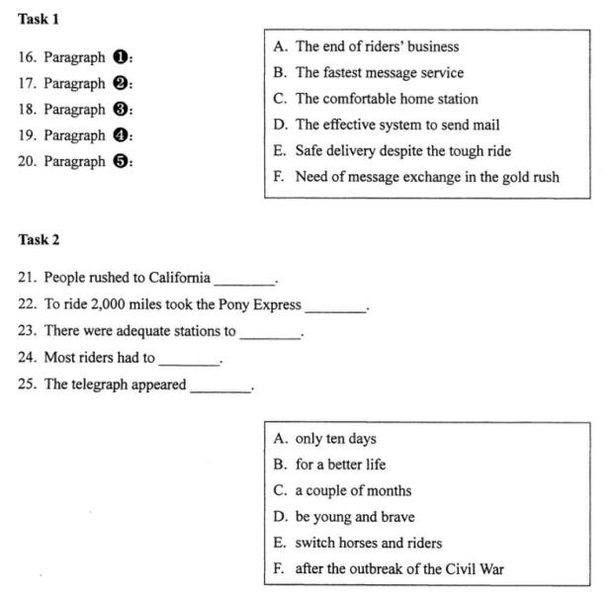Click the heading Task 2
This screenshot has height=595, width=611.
tap(39, 239)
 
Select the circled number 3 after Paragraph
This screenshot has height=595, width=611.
tap(121, 110)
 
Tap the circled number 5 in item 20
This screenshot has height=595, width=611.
tap(121, 161)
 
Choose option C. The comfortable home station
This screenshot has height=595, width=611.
tap(375, 99)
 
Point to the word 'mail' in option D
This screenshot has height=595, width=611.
tap(485, 126)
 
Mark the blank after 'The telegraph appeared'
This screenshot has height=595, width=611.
tap(220, 386)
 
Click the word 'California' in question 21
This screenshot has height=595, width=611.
tap(177, 278)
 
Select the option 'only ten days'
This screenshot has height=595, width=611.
tap(335, 439)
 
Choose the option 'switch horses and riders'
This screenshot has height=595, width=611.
tap(368, 543)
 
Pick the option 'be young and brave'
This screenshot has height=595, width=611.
tap(354, 517)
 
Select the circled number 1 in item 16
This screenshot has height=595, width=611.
tap(121, 57)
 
